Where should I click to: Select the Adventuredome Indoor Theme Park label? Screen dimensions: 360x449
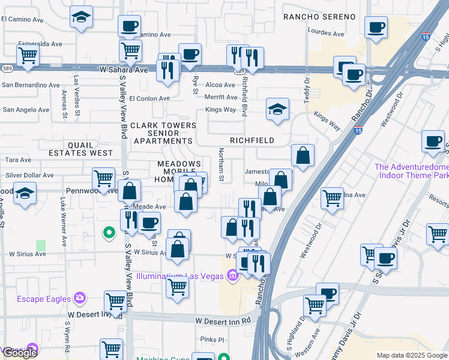point(412,171)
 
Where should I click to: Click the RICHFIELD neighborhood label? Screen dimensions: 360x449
point(252,140)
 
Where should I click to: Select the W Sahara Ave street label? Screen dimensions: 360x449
point(124,70)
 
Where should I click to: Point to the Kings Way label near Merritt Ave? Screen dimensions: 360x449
point(220,110)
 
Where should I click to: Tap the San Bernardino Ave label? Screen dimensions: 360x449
point(31,85)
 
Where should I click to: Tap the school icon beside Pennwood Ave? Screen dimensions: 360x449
point(25,194)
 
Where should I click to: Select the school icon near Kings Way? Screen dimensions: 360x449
point(277,110)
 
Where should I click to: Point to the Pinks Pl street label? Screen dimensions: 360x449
point(212,339)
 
